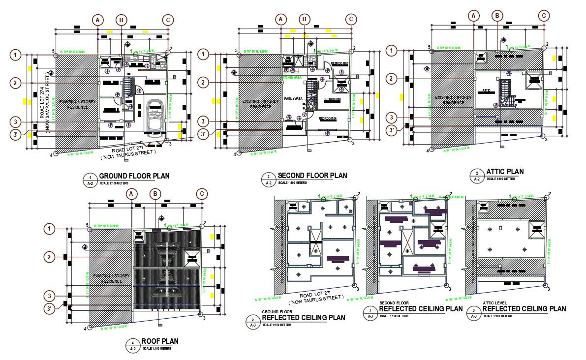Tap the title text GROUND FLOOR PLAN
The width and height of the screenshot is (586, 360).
[134, 176]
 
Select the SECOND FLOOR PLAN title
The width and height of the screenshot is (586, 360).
[312, 175]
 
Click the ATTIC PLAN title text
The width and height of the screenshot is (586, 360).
[505, 172]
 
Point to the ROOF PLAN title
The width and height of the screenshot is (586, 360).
[159, 341]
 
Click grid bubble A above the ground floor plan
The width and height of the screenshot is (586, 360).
[98, 20]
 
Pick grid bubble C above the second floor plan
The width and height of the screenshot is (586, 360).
[351, 19]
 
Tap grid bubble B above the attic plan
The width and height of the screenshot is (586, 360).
[498, 16]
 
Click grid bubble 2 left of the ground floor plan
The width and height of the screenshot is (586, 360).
[17, 83]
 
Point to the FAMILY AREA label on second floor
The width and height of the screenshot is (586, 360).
[293, 99]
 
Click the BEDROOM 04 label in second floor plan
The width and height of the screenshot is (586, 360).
[327, 119]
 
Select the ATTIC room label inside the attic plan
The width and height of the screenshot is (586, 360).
[487, 90]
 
